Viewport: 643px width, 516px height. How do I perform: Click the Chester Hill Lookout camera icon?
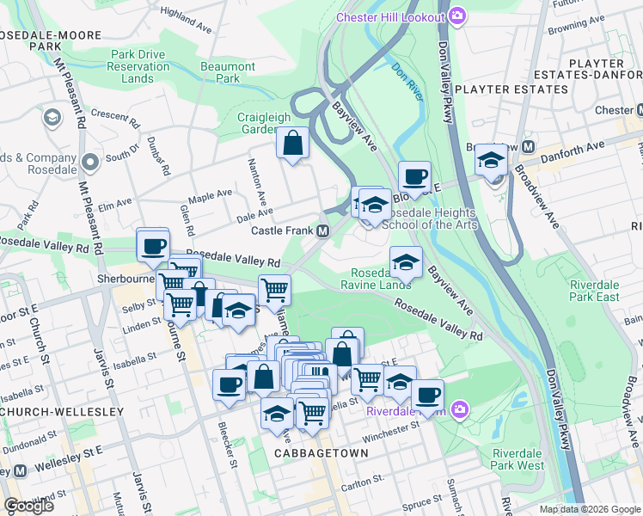click(x=457, y=15)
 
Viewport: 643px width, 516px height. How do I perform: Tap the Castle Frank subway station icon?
click(x=322, y=231)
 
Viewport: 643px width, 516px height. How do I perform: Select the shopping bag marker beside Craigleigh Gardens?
click(x=292, y=143)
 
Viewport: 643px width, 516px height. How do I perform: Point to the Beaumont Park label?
click(x=228, y=72)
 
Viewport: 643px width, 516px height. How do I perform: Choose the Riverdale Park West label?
click(x=518, y=459)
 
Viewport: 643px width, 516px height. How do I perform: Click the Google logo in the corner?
click(x=28, y=506)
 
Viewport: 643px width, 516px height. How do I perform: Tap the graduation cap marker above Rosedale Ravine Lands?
click(x=407, y=261)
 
